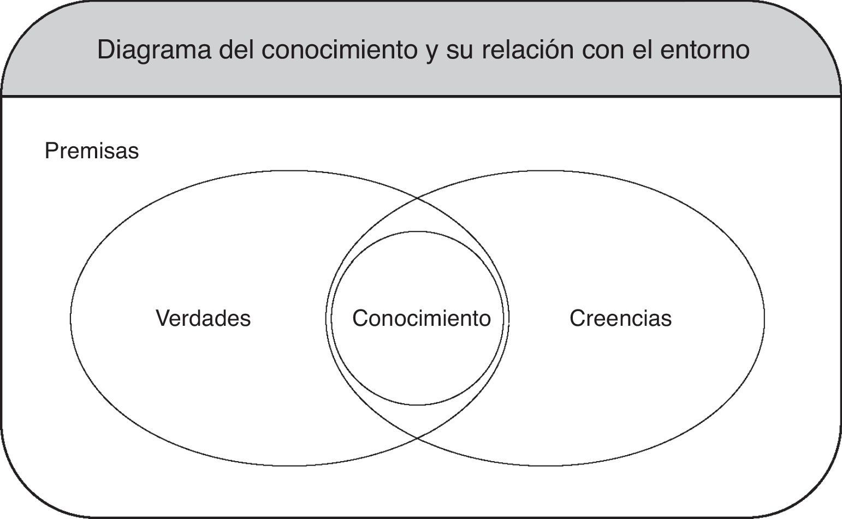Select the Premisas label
pos(92,151)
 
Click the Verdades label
pos(203,318)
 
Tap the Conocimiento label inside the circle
pos(421,318)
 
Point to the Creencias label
pos(620,318)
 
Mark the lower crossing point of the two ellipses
pos(418,438)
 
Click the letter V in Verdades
pos(162,318)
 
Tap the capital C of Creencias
pos(577,318)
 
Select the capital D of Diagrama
pos(105,50)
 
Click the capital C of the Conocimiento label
pos(360,318)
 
